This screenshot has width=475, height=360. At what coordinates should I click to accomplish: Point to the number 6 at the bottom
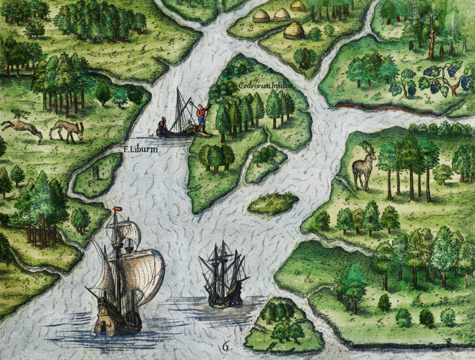tap(226, 346)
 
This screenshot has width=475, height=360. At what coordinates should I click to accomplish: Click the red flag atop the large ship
tap(117, 209)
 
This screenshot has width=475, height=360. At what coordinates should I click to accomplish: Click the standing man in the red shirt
tap(201, 116)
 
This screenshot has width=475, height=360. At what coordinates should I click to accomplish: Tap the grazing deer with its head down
tap(66, 130)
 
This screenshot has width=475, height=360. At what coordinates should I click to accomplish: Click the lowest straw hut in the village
tap(294, 30)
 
